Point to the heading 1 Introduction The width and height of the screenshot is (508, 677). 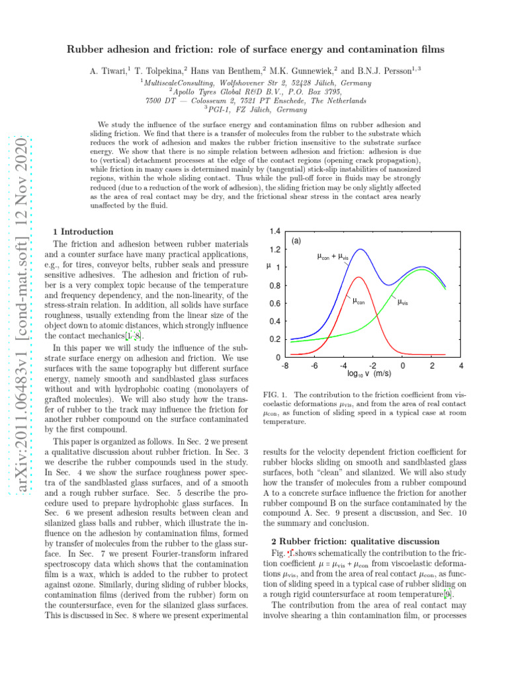[83, 232]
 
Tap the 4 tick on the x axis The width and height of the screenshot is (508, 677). [461, 366]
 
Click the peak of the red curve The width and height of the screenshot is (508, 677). [357, 278]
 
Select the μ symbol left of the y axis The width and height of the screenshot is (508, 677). [267, 267]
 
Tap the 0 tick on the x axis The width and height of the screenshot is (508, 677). [402, 366]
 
